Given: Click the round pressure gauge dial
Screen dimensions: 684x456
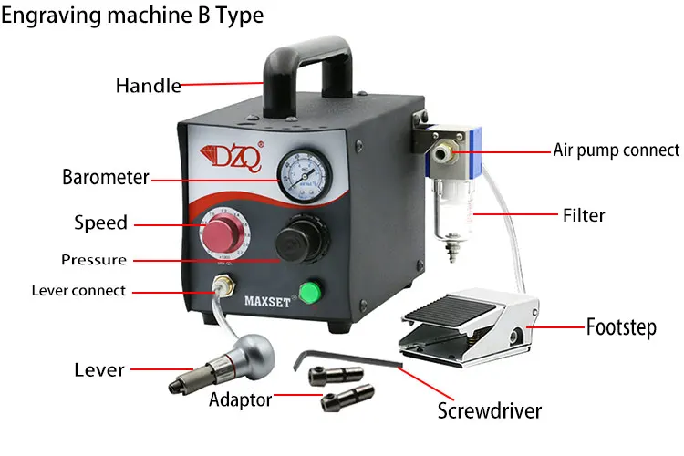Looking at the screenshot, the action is pos(305,175).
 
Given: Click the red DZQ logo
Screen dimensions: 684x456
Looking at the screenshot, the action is pos(233,156).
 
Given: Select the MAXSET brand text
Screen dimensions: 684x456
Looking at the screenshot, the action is pos(267,301).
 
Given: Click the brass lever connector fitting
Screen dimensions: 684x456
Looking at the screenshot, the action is pos(223,285).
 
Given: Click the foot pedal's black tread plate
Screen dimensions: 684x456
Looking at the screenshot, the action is pos(450,311).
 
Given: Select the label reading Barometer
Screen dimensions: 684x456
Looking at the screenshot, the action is pos(106,177).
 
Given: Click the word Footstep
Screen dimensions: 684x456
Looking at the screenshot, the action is pos(621,327).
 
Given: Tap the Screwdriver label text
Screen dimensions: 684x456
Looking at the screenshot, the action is pos(490,411).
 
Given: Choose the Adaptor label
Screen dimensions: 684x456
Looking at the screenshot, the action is pos(241,399).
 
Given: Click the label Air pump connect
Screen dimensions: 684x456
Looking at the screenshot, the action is pos(617,150).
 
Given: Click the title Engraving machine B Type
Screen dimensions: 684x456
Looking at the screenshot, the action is pos(132,16).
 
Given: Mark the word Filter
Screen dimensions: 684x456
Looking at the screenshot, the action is pos(584,215).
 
